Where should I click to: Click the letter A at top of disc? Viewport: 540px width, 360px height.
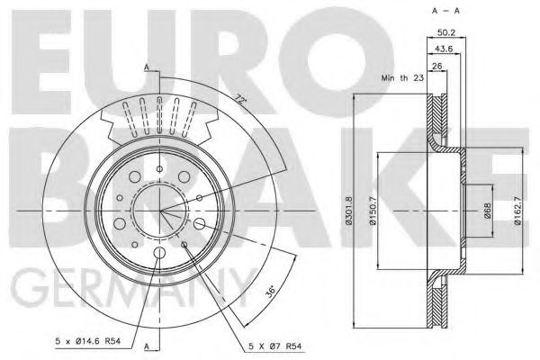click(146, 67)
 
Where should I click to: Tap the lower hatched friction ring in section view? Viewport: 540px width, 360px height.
click(438, 301)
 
